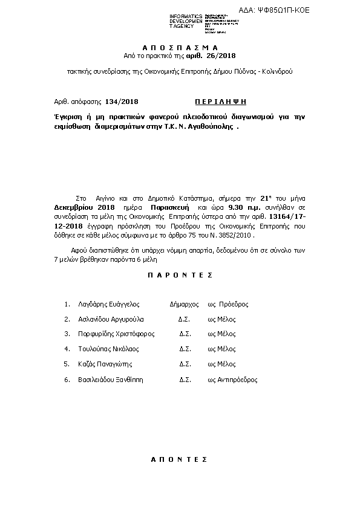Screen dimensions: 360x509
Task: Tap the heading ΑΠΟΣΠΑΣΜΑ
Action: (x=180, y=47)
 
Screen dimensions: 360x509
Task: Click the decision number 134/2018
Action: (x=122, y=102)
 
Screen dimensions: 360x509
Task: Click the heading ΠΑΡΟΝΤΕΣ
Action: (x=180, y=274)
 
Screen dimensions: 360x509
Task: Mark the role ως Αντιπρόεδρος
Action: (x=232, y=380)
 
